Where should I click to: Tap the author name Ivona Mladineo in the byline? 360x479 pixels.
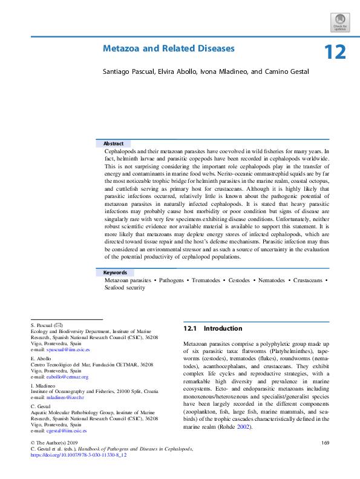click(221, 71)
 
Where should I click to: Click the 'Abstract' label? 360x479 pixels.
click(113, 144)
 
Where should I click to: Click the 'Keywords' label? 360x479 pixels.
click(115, 273)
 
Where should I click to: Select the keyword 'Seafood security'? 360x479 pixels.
click(125, 288)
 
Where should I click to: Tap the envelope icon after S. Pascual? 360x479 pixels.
click(59, 326)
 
